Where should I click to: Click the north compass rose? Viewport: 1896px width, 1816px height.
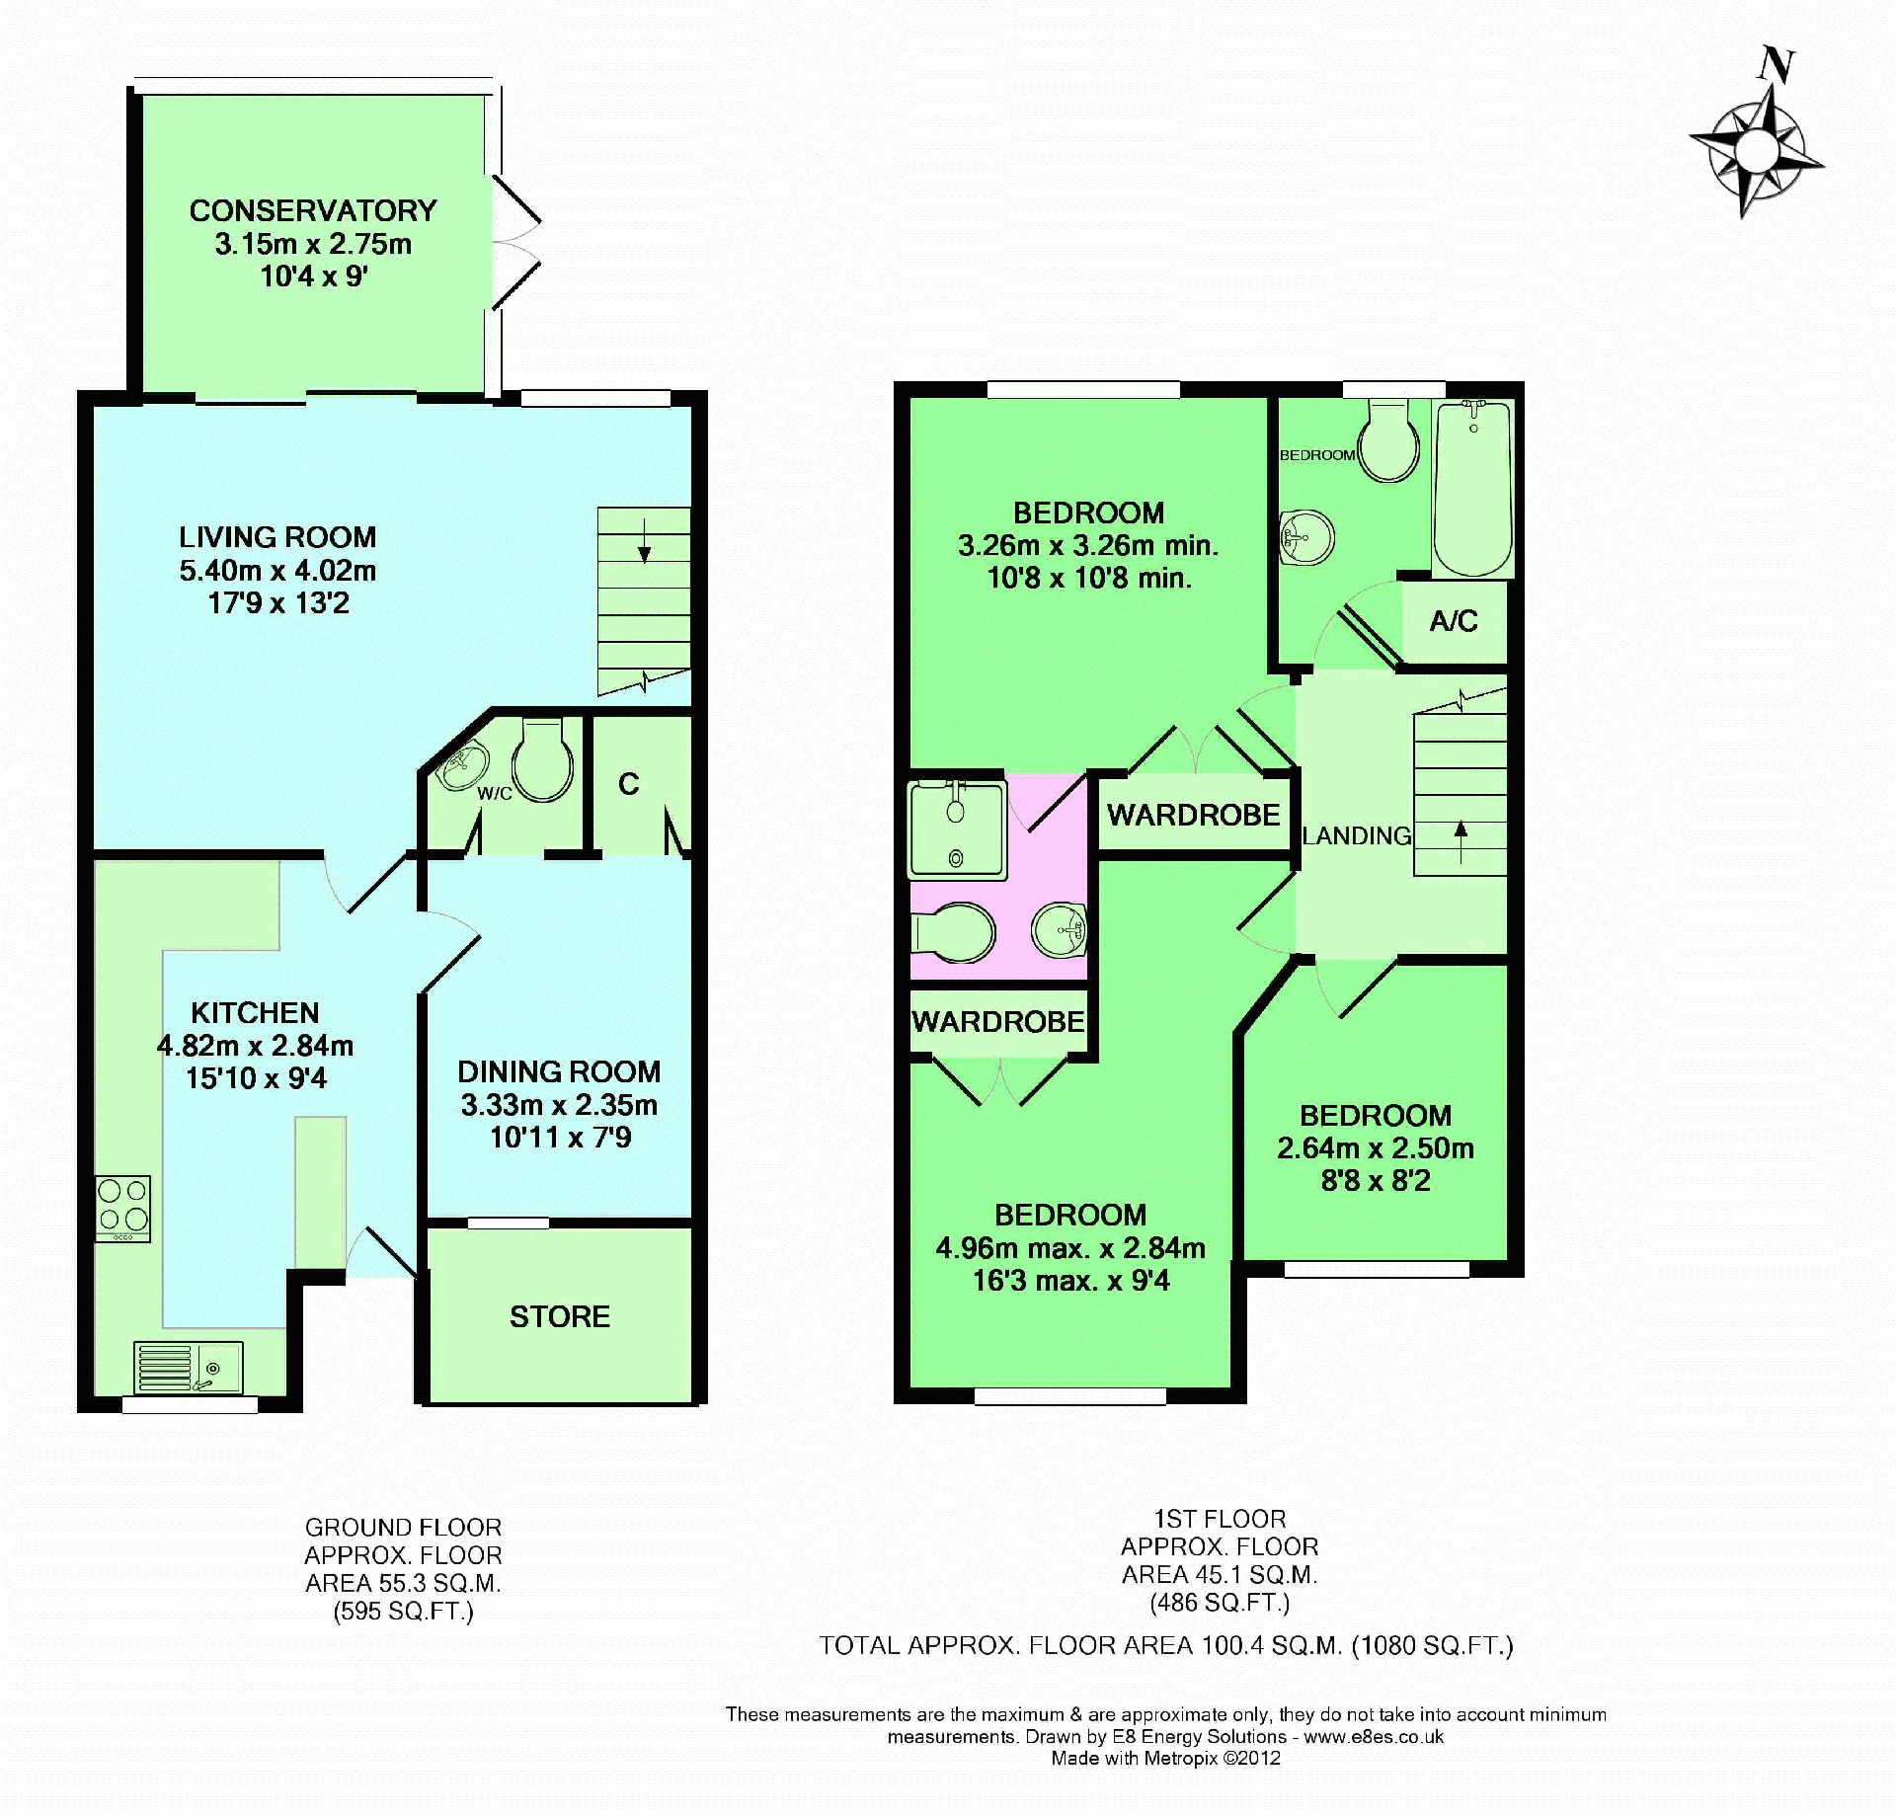coord(1756,151)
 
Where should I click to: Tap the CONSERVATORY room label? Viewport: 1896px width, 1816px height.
coord(313,210)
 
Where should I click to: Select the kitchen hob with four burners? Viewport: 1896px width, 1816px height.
coord(123,1209)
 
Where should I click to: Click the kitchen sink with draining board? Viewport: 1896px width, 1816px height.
coord(188,1368)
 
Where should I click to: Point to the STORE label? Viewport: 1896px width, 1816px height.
coord(560,1316)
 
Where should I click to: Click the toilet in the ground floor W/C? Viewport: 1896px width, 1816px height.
coord(542,759)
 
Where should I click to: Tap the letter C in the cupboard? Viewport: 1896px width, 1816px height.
coord(629,784)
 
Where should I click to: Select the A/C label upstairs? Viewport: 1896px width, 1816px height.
coord(1454,621)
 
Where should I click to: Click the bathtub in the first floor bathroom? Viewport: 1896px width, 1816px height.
coord(1473,489)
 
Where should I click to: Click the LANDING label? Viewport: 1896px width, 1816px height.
coord(1357,835)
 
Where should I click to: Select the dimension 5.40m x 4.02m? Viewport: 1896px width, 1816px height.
coord(277,570)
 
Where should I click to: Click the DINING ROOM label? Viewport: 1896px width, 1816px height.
coord(559,1071)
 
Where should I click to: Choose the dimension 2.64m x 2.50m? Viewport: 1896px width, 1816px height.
coord(1376,1147)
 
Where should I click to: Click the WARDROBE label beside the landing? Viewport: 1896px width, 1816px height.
coord(1193,815)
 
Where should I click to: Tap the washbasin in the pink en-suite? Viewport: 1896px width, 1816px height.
coord(1060,929)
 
